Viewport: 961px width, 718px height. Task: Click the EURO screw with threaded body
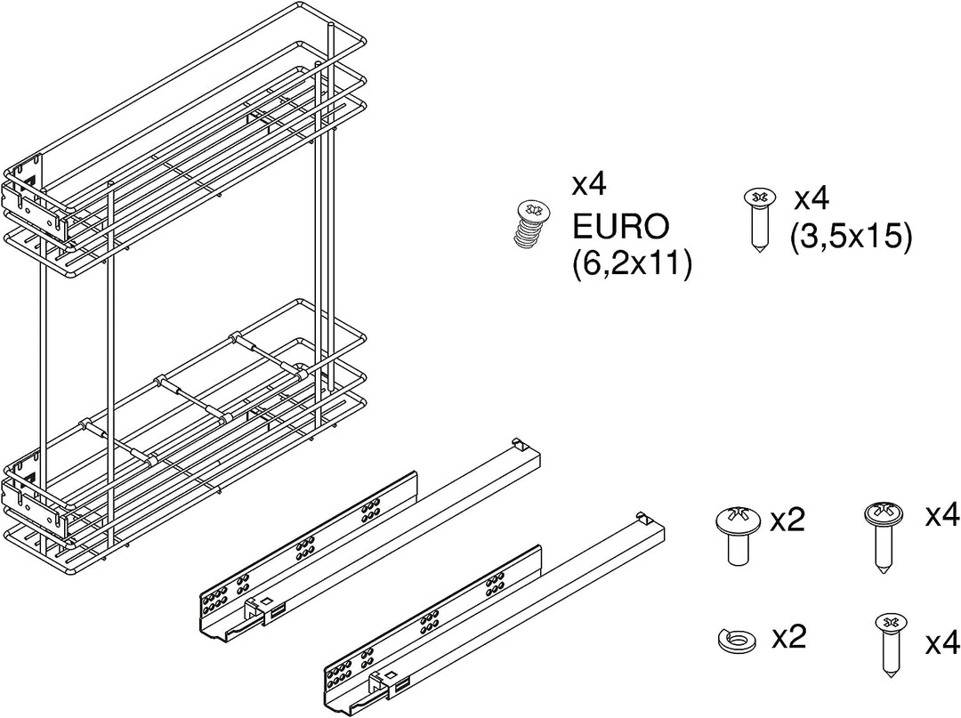pyautogui.click(x=531, y=225)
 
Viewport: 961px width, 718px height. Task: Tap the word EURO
pyautogui.click(x=619, y=227)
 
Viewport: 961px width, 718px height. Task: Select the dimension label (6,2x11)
pyautogui.click(x=632, y=264)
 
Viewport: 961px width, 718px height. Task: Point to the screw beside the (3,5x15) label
pyautogui.click(x=759, y=221)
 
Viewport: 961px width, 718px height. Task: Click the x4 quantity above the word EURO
pyautogui.click(x=589, y=184)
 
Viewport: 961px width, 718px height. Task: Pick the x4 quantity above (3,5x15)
pyautogui.click(x=812, y=198)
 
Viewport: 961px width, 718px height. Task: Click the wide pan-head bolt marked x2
pyautogui.click(x=738, y=534)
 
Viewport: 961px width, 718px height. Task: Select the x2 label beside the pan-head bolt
pyautogui.click(x=787, y=520)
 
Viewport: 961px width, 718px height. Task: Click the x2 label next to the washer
pyautogui.click(x=788, y=638)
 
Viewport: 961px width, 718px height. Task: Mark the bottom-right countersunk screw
pyautogui.click(x=890, y=644)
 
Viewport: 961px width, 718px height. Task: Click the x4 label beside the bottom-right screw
pyautogui.click(x=943, y=644)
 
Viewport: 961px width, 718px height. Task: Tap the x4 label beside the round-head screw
pyautogui.click(x=943, y=515)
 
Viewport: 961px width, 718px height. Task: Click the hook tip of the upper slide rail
pyautogui.click(x=517, y=441)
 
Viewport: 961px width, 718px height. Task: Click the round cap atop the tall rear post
pyautogui.click(x=331, y=25)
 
